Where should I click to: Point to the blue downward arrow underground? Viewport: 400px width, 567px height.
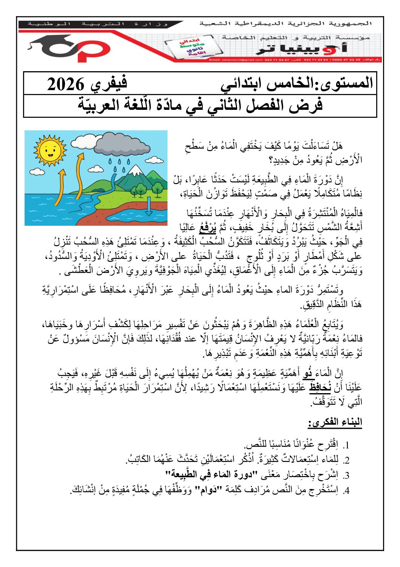pyautogui.click(x=149, y=207)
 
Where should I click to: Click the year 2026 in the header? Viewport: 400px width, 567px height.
pyautogui.click(x=65, y=84)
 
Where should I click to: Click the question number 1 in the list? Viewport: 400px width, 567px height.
pyautogui.click(x=346, y=445)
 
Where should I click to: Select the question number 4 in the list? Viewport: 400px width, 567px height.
pyautogui.click(x=346, y=491)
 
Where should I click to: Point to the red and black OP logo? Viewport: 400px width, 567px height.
pyautogui.click(x=72, y=47)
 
